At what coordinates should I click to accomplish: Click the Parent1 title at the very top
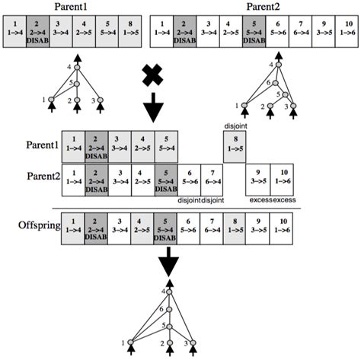click(x=71, y=6)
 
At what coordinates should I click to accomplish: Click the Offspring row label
click(x=30, y=226)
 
